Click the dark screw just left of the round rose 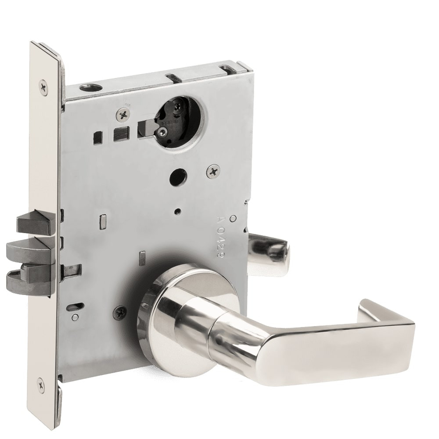[x=119, y=313]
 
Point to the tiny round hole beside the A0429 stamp [x=233, y=218]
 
